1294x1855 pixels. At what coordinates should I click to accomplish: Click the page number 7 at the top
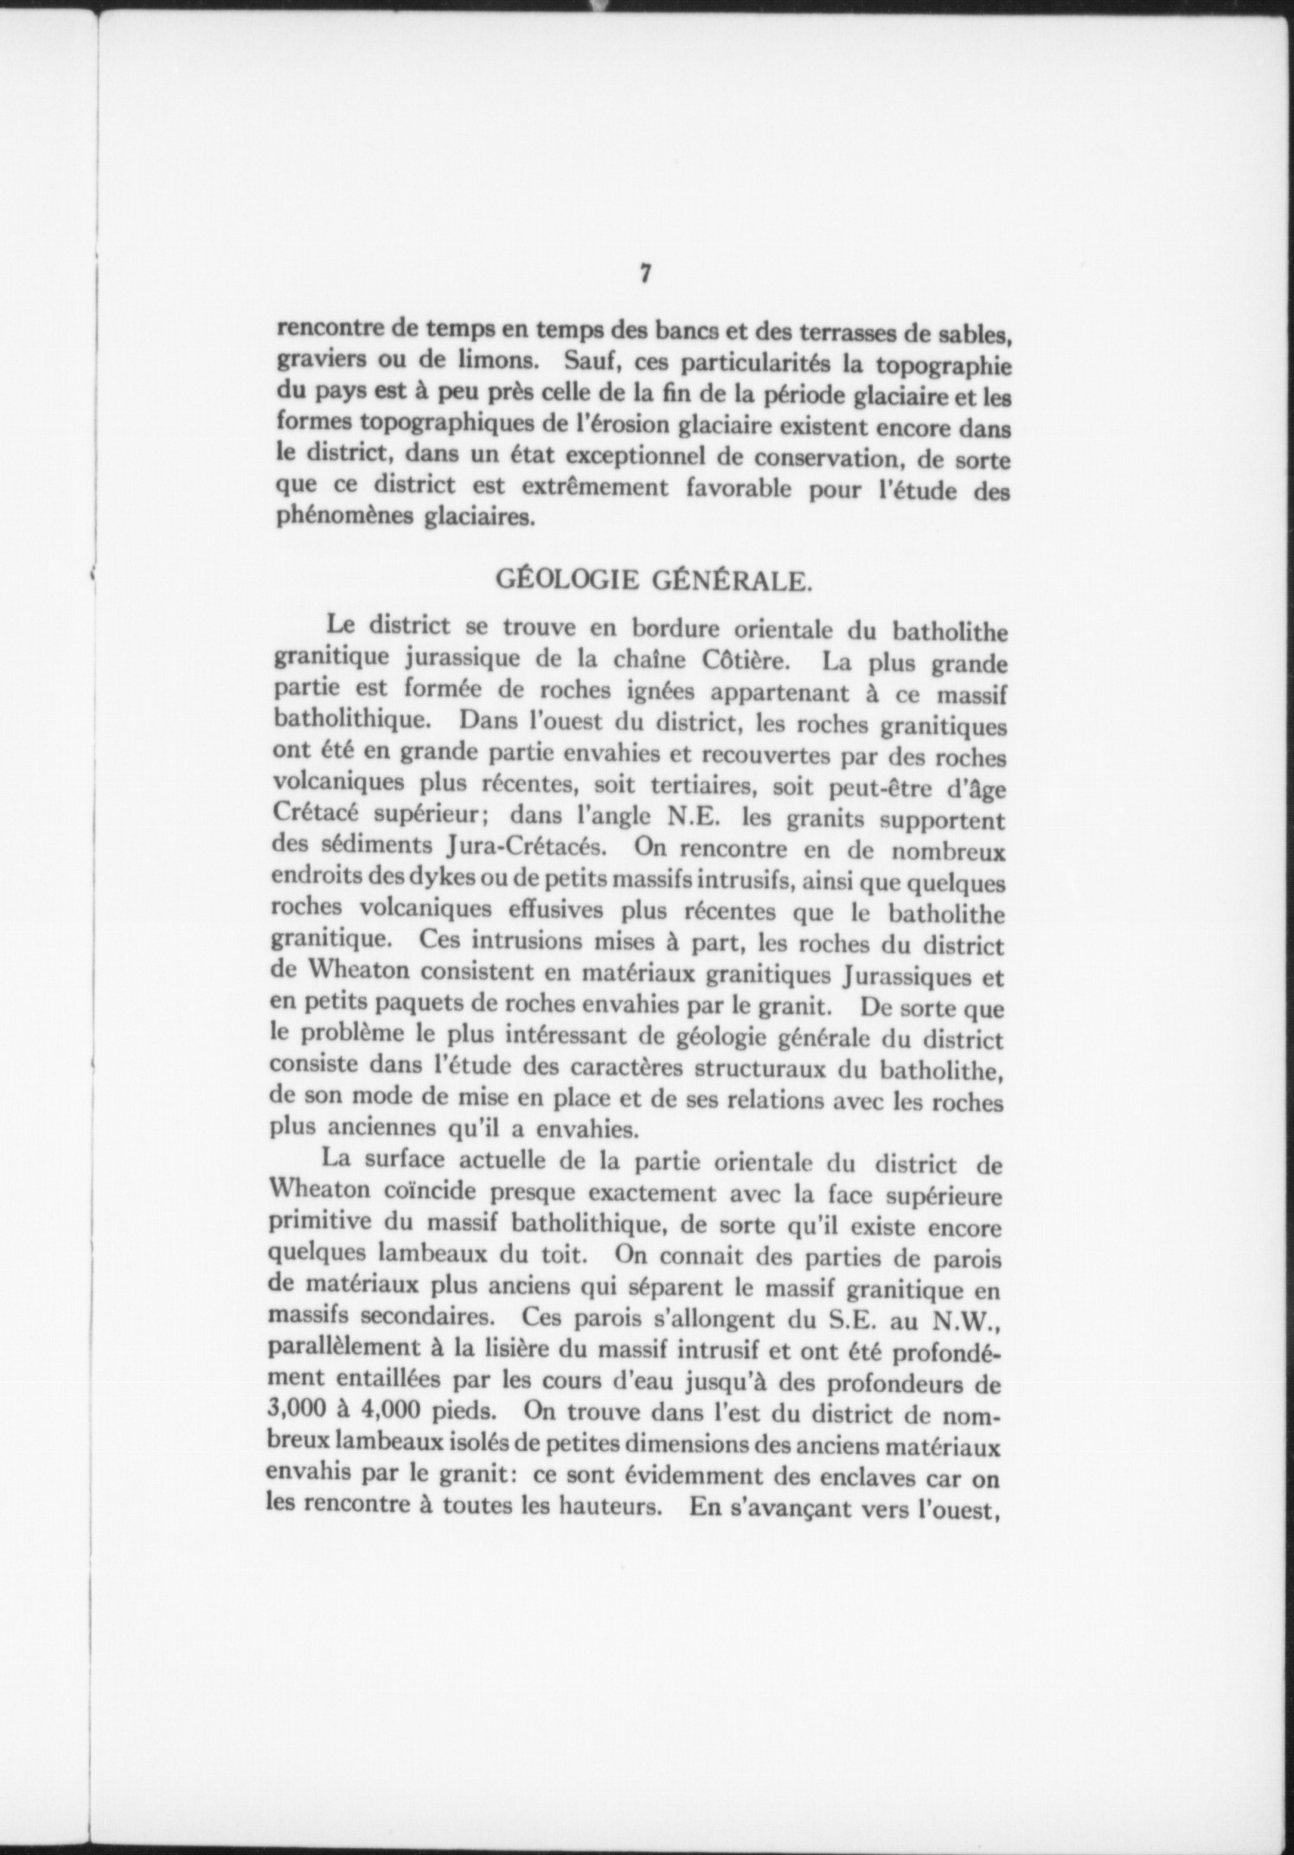point(644,274)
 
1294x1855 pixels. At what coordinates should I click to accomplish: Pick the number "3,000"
point(299,1417)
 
